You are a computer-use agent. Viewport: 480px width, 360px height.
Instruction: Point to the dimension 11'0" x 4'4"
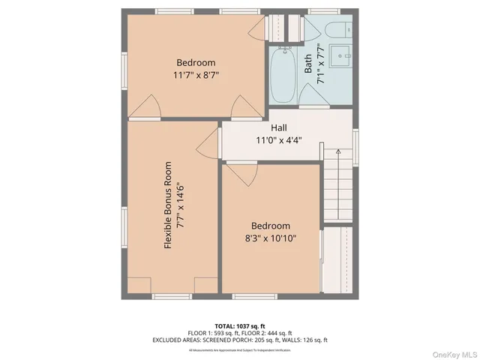pos(279,140)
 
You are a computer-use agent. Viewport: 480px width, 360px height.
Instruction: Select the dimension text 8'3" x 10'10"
pos(270,238)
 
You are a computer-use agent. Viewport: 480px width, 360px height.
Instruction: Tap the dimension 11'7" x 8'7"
pos(196,75)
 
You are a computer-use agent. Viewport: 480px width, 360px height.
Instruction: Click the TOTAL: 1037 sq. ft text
pos(239,325)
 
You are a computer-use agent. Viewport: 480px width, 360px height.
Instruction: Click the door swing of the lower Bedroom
pos(239,174)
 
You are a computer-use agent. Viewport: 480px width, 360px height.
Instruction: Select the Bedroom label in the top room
pos(196,62)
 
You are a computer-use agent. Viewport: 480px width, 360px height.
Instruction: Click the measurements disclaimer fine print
pos(239,349)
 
